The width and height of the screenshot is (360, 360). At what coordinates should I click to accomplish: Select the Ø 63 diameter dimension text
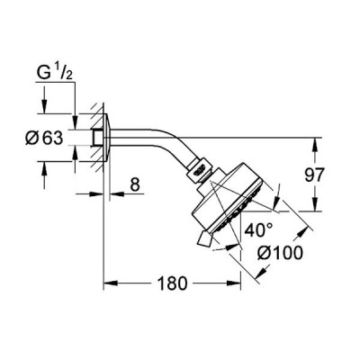pos(44,139)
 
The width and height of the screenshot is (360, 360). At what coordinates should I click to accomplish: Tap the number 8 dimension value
pos(135,184)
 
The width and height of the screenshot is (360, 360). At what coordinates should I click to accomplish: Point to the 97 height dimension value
pos(315,175)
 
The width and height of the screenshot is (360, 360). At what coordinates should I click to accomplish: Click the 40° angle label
pos(258,230)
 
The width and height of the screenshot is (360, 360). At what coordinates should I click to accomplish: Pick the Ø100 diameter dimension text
pos(280,254)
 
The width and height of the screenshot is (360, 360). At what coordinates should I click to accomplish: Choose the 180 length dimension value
pos(173,283)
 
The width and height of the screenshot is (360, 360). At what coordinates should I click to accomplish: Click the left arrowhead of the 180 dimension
pos(110,283)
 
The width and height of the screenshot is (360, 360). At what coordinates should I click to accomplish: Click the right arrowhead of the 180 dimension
pos(234,283)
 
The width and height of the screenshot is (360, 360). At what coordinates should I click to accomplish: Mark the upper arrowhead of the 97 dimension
pos(315,144)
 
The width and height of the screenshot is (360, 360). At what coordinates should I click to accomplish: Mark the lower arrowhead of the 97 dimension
pos(315,204)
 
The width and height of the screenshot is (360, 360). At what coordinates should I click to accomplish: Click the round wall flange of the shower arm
pos(107,138)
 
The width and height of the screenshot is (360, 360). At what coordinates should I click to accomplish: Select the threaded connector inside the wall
pos(97,138)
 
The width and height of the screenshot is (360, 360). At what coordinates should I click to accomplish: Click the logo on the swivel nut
pos(200,171)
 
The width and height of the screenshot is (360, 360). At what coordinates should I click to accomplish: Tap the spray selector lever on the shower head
pos(205,239)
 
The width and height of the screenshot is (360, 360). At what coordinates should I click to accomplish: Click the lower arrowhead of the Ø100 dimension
pos(262,271)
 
